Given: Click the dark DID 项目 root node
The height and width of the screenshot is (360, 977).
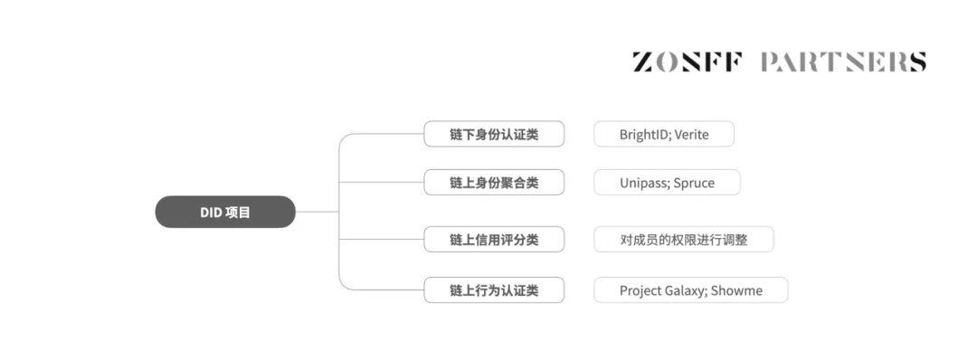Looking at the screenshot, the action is coord(225,212).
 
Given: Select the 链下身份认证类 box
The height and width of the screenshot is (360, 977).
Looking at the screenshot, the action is coord(494,134).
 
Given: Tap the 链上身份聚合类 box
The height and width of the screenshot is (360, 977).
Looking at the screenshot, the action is coord(494,183).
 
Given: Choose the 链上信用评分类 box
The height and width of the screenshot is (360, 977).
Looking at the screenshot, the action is coord(494,240).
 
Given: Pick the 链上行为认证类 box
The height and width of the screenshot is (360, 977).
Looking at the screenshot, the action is coord(494,290).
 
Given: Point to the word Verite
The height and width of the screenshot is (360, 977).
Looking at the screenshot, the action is coord(692,135).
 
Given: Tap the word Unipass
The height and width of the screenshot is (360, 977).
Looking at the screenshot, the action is coord(643,183).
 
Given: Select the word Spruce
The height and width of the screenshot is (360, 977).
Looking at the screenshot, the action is coord(694,183).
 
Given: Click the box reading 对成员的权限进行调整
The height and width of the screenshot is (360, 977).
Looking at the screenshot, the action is coord(684,240).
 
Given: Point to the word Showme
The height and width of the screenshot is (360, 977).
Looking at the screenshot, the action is coord(736,291).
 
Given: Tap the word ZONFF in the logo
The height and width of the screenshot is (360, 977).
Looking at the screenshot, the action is coord(688,62).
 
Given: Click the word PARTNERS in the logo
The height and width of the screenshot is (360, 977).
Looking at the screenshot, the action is coord(843,62).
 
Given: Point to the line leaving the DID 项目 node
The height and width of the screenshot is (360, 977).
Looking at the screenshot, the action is coord(318,212).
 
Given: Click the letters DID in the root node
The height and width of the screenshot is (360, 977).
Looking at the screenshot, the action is coord(211,213).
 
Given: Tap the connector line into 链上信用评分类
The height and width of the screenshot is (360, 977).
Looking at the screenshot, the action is coord(382,240).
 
